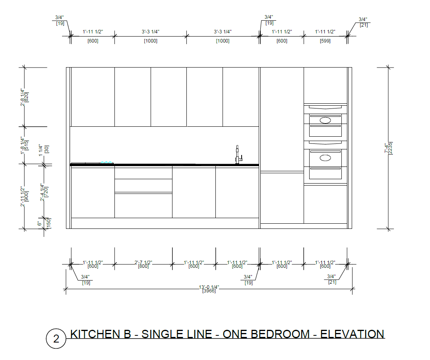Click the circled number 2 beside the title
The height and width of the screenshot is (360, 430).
click(x=56, y=339)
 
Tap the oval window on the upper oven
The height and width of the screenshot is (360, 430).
click(x=325, y=120)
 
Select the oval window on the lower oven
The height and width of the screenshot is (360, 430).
click(x=325, y=158)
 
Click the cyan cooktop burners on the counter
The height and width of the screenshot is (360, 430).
click(x=107, y=162)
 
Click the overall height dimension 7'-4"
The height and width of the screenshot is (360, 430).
click(x=389, y=148)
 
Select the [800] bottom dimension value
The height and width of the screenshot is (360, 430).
click(x=143, y=266)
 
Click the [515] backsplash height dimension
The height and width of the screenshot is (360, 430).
click(x=26, y=145)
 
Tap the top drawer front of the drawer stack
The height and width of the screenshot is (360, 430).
click(x=143, y=173)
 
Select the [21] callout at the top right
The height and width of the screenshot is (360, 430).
click(x=364, y=25)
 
